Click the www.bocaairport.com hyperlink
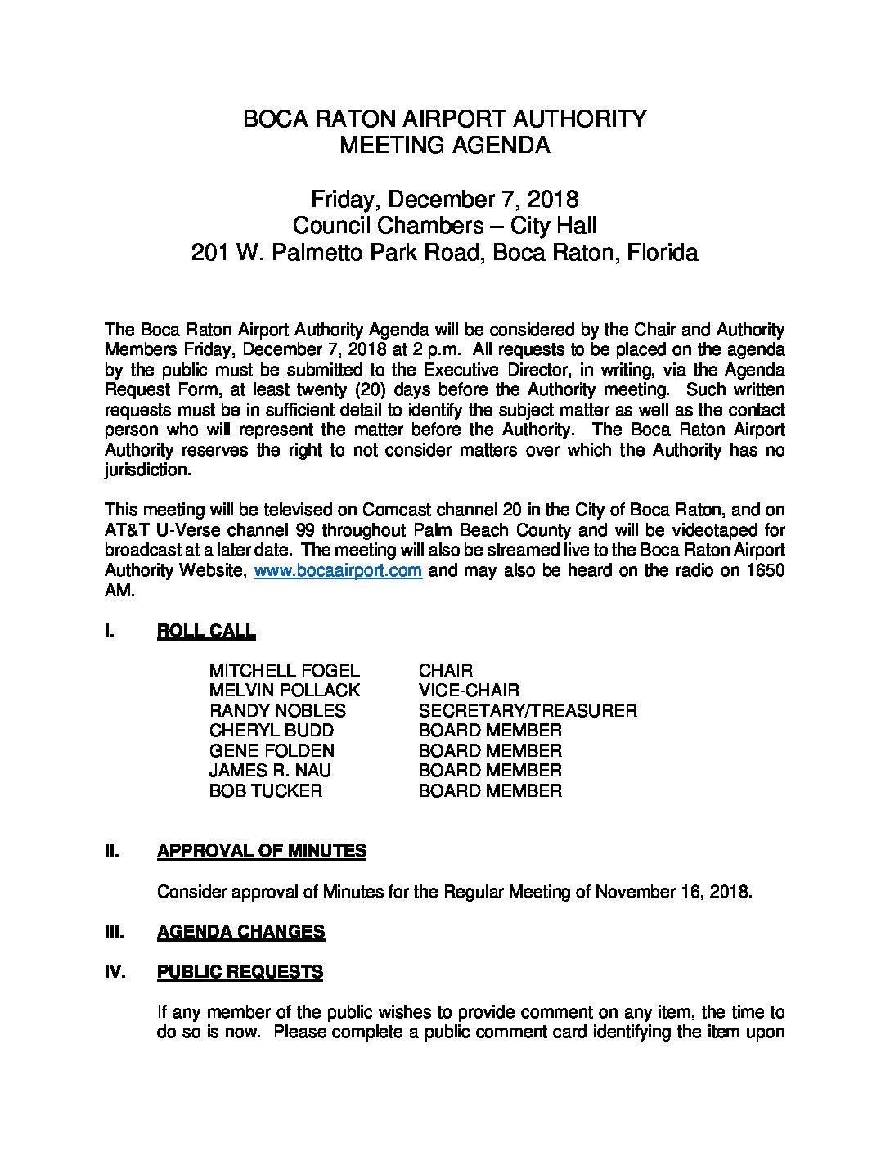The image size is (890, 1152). [x=338, y=571]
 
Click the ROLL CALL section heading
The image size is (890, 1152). [x=205, y=631]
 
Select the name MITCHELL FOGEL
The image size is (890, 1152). [x=284, y=671]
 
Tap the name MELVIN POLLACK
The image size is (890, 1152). [x=284, y=691]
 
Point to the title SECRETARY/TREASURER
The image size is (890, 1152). [x=527, y=711]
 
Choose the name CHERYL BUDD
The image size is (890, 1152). [x=271, y=731]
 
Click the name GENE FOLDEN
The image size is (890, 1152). [x=271, y=751]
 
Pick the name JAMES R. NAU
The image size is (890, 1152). [x=270, y=771]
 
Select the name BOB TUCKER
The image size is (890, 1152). [x=265, y=791]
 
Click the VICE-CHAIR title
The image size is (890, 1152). [x=468, y=691]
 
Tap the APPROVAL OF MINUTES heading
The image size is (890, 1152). [x=261, y=851]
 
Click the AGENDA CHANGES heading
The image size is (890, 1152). [x=240, y=931]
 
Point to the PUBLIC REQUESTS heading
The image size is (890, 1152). [x=240, y=972]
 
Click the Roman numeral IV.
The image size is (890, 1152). [x=114, y=972]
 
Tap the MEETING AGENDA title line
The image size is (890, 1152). [x=444, y=146]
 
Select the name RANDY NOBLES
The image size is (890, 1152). [x=277, y=711]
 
